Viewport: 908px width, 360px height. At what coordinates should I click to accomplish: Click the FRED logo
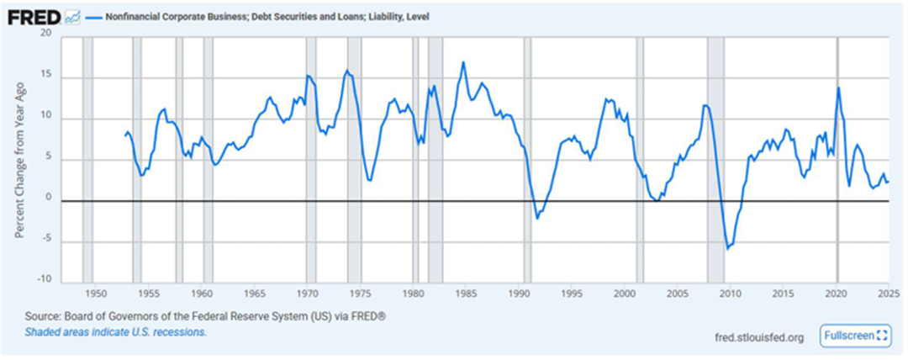point(34,16)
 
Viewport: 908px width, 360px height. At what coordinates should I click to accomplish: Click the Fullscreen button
point(855,335)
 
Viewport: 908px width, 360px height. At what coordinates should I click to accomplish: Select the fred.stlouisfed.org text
point(759,336)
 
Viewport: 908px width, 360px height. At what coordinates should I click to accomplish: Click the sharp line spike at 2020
point(838,87)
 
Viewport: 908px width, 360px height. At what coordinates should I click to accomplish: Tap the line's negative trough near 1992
point(537,218)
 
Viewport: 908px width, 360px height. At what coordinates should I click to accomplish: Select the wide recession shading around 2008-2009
point(715,160)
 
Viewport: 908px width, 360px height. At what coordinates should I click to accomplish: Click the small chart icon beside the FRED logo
point(72,16)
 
